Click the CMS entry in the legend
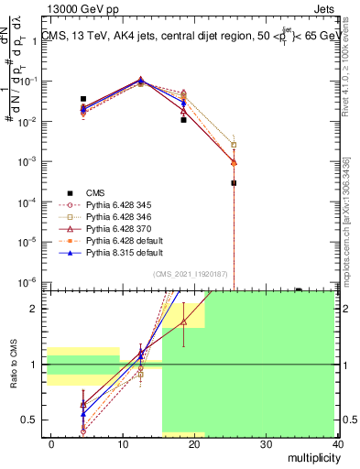pyautogui.click(x=96, y=192)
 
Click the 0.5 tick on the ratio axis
pyautogui.click(x=29, y=420)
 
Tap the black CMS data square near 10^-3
pyautogui.click(x=235, y=183)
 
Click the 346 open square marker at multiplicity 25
pyautogui.click(x=235, y=145)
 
